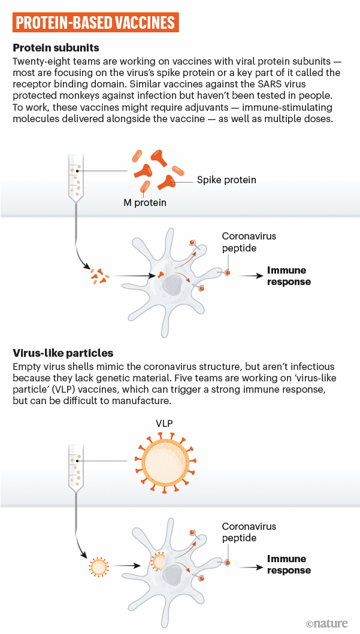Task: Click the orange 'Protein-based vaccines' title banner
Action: (x=95, y=23)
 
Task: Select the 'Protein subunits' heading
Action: (x=56, y=48)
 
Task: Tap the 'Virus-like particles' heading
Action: (x=63, y=353)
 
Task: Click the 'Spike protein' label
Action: (x=226, y=180)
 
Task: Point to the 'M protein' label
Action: (x=145, y=202)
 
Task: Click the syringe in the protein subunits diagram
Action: (x=75, y=186)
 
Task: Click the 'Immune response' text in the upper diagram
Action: (x=289, y=276)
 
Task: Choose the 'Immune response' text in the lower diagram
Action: (x=289, y=565)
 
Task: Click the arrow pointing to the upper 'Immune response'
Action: (x=250, y=276)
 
